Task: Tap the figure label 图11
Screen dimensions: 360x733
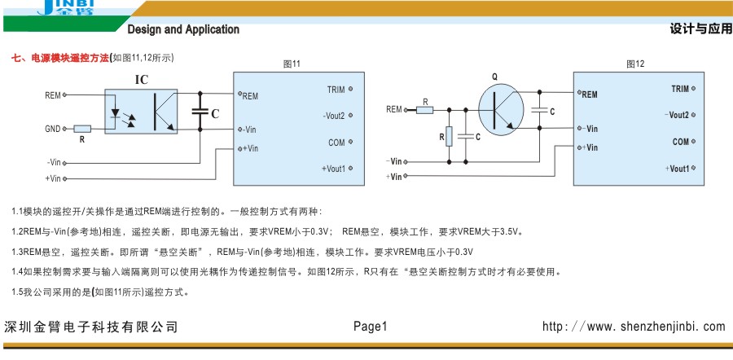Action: pyautogui.click(x=292, y=64)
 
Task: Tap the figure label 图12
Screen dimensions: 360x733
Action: pyautogui.click(x=635, y=64)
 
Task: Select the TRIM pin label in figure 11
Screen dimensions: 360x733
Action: pyautogui.click(x=336, y=90)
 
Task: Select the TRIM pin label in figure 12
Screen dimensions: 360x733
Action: pyautogui.click(x=680, y=89)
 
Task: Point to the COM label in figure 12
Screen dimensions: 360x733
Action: pyautogui.click(x=681, y=142)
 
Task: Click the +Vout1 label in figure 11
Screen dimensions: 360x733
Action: pyautogui.click(x=333, y=169)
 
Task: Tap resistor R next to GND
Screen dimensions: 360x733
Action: pyautogui.click(x=82, y=129)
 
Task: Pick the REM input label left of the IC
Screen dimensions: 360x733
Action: pyautogui.click(x=52, y=95)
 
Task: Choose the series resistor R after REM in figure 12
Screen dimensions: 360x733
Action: pyautogui.click(x=424, y=110)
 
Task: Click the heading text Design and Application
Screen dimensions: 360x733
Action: pyautogui.click(x=183, y=29)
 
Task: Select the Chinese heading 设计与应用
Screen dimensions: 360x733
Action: pyautogui.click(x=700, y=29)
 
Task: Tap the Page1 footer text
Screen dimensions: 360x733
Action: pyautogui.click(x=371, y=327)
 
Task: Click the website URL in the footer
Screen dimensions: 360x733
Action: pyautogui.click(x=633, y=327)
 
